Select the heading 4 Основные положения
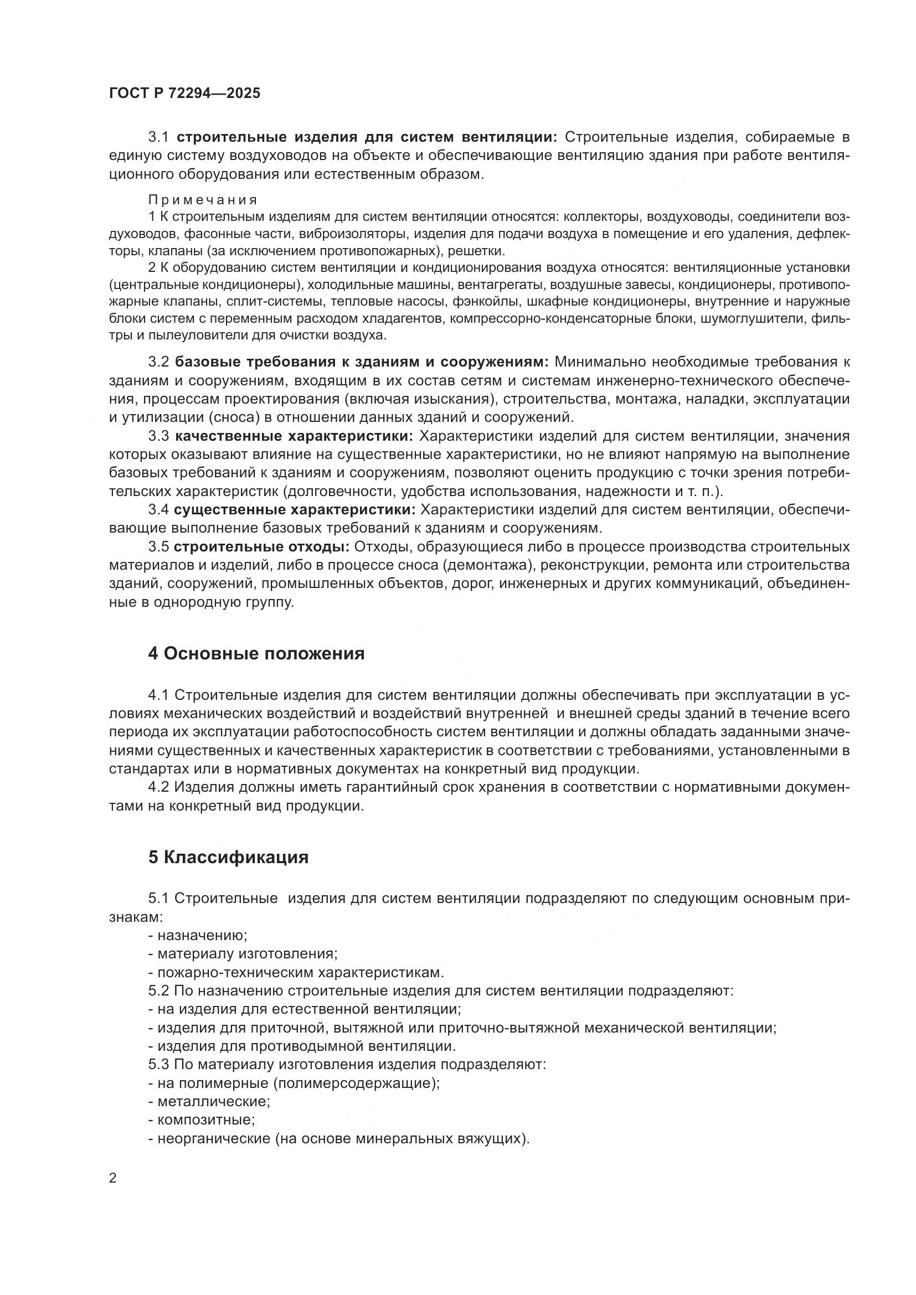256,654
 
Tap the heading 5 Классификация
228,857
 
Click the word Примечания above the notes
203,200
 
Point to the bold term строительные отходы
262,547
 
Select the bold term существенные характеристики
295,510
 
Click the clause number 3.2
158,362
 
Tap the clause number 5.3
158,1064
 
